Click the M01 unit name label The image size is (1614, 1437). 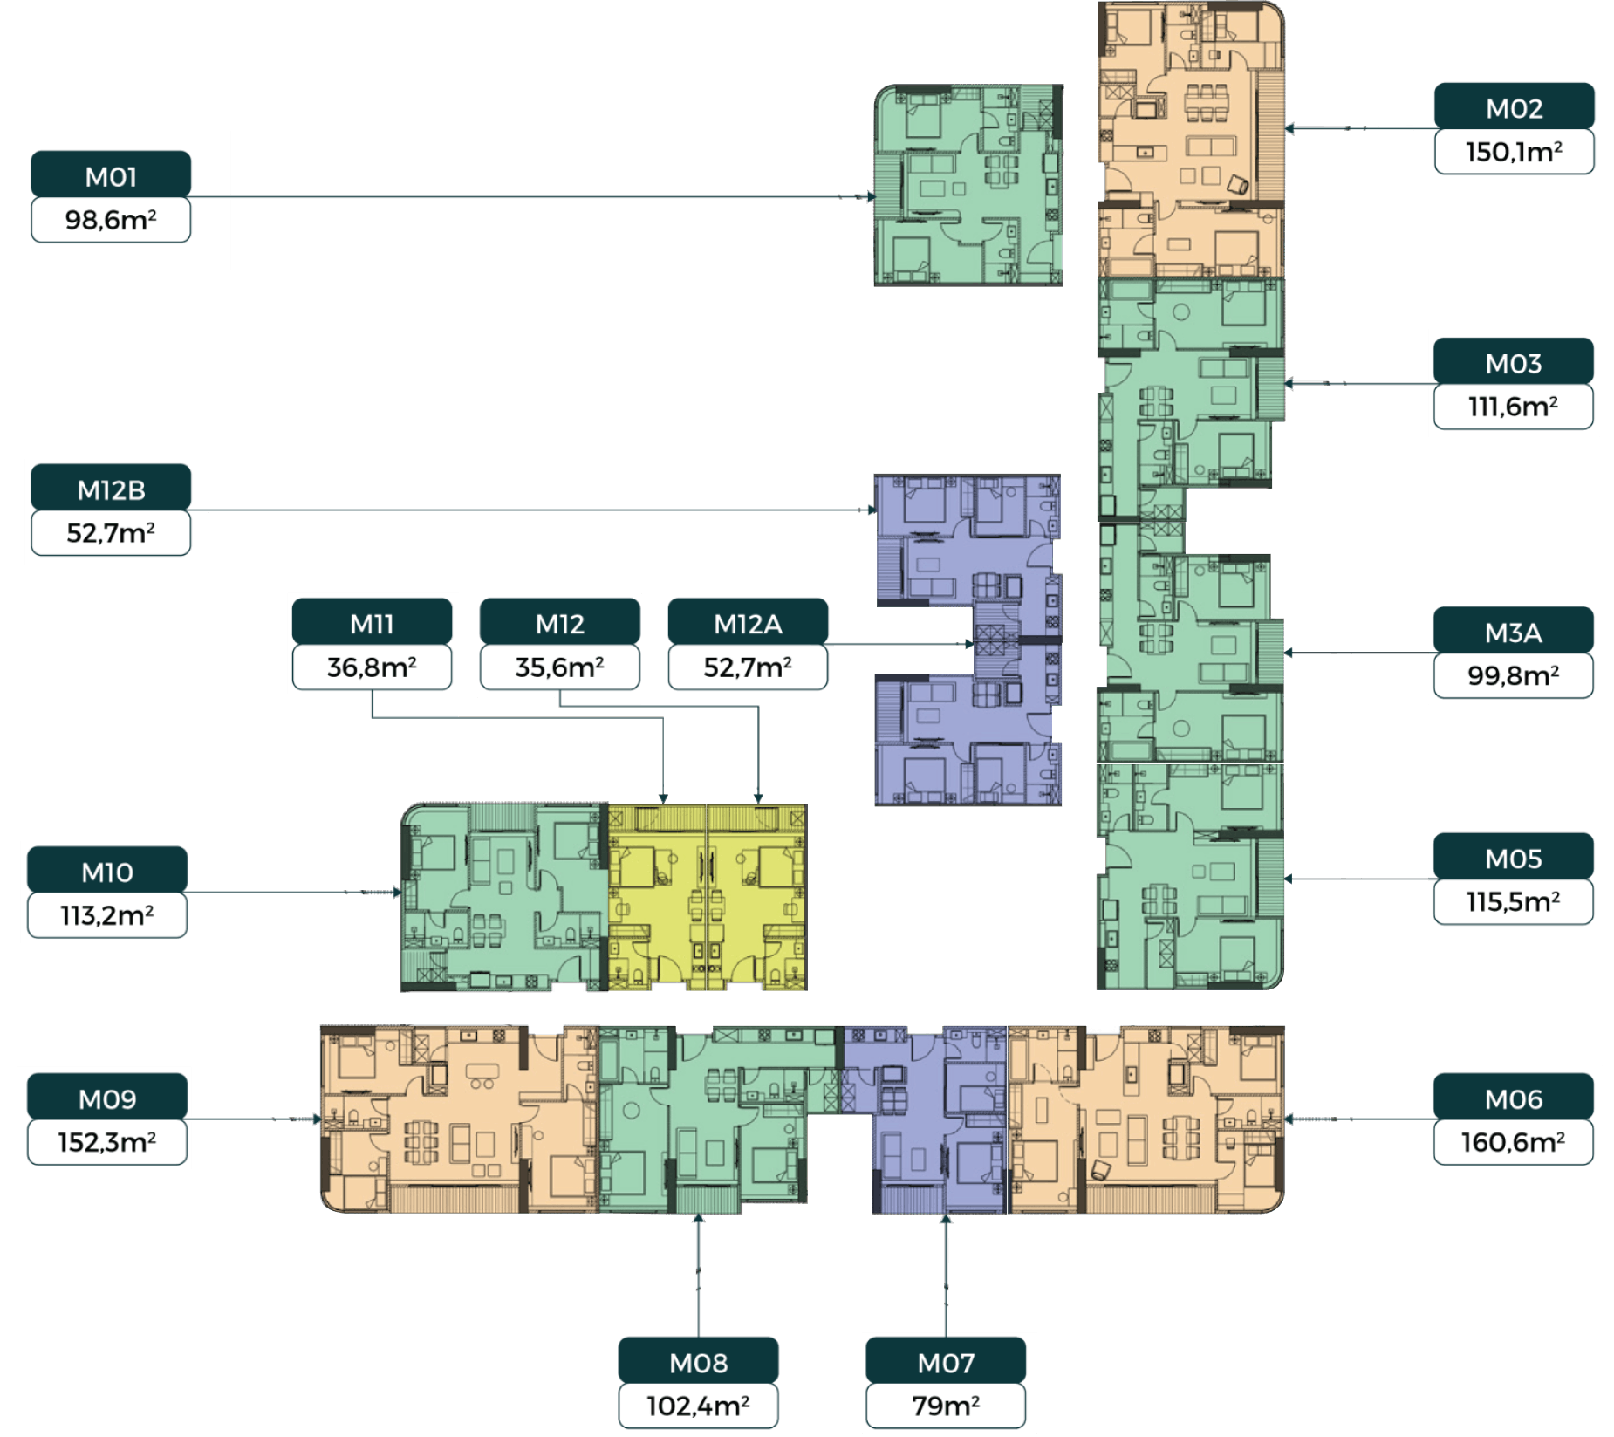(x=111, y=177)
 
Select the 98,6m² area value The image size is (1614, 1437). (x=111, y=220)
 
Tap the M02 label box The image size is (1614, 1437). (x=1515, y=106)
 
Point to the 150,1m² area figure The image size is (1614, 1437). (x=1514, y=152)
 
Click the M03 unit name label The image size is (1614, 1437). (x=1514, y=363)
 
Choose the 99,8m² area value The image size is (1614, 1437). (x=1513, y=675)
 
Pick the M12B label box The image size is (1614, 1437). (x=111, y=488)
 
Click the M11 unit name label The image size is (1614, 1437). (x=372, y=624)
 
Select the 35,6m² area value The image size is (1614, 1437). (x=559, y=667)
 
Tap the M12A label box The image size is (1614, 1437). (x=748, y=622)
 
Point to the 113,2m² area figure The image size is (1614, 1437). (x=106, y=915)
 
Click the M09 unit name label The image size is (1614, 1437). (x=107, y=1098)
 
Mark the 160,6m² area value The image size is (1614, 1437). (x=1513, y=1142)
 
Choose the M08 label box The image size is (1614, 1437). (x=698, y=1361)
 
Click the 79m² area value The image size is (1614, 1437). (x=946, y=1406)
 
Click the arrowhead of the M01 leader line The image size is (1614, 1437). (x=872, y=196)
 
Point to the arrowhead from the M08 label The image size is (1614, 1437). (x=698, y=1218)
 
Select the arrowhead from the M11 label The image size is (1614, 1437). (x=663, y=798)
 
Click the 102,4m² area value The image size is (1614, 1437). (x=698, y=1406)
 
